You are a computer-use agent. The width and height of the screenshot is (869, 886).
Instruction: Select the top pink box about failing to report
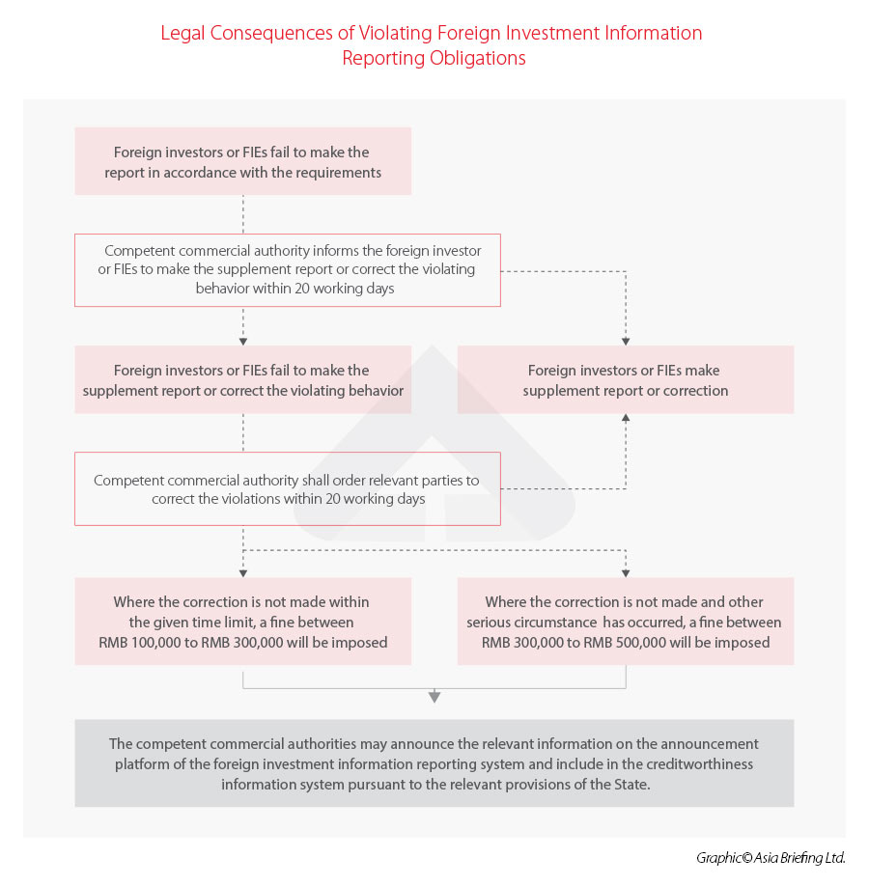pos(242,161)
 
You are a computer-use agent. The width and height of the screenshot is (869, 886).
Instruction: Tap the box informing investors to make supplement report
pos(287,269)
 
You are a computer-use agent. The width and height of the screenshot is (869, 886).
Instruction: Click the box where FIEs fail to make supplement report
pos(242,379)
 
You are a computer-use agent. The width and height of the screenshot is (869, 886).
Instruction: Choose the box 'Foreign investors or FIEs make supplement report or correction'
pos(625,379)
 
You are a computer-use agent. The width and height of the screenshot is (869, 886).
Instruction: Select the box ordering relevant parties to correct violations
pos(287,488)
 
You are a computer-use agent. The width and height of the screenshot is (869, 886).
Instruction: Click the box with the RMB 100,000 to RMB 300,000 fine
pos(242,621)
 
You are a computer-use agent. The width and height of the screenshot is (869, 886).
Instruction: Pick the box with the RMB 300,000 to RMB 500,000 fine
pos(625,621)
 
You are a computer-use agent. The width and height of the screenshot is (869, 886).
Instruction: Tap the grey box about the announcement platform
pos(434,762)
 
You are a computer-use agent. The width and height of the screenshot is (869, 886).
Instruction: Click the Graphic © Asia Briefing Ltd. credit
pos(770,857)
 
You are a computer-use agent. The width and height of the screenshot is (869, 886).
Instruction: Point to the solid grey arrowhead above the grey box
pos(434,696)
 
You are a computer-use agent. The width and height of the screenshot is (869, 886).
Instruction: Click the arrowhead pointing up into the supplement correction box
pos(626,419)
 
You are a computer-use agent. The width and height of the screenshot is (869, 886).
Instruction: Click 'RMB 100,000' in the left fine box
pos(136,642)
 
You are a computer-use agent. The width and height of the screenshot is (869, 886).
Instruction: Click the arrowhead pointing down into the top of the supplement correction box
pos(626,340)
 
